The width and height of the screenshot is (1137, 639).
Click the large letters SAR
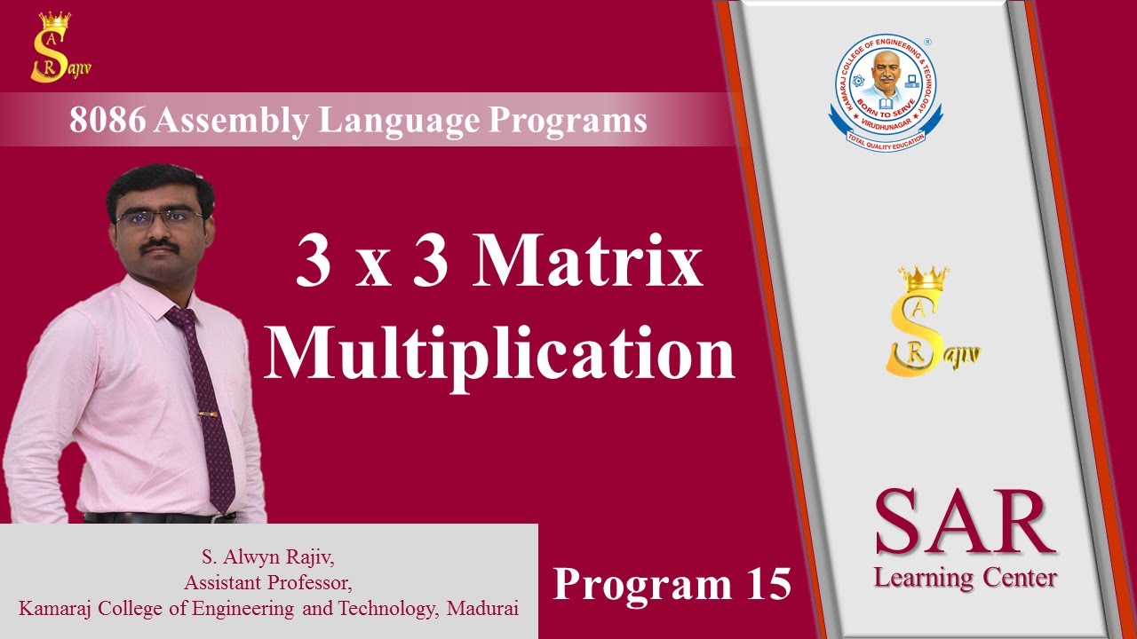point(965,523)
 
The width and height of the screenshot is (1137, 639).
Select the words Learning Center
point(965,578)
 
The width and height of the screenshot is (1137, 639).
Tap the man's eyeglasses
point(160,217)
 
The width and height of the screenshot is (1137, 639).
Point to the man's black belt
point(160,517)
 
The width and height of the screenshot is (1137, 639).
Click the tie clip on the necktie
point(209,414)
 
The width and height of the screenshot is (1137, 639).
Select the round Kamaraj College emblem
point(886,91)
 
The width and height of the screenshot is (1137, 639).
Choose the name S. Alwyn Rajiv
point(267,559)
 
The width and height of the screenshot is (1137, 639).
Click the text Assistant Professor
point(267,583)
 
